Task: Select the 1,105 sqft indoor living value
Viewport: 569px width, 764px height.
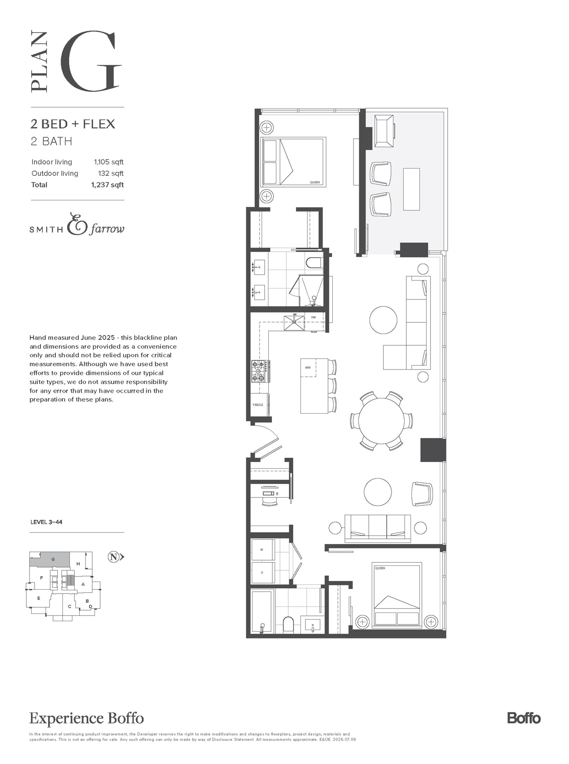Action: coord(108,162)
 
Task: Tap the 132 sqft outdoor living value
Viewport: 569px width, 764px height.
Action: coord(111,173)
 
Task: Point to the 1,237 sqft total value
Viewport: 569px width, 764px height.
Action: coord(107,185)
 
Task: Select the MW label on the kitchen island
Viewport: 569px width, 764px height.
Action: coord(308,367)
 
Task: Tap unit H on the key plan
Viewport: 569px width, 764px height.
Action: coord(78,564)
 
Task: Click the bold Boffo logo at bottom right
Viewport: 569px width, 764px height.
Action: coord(524,718)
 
